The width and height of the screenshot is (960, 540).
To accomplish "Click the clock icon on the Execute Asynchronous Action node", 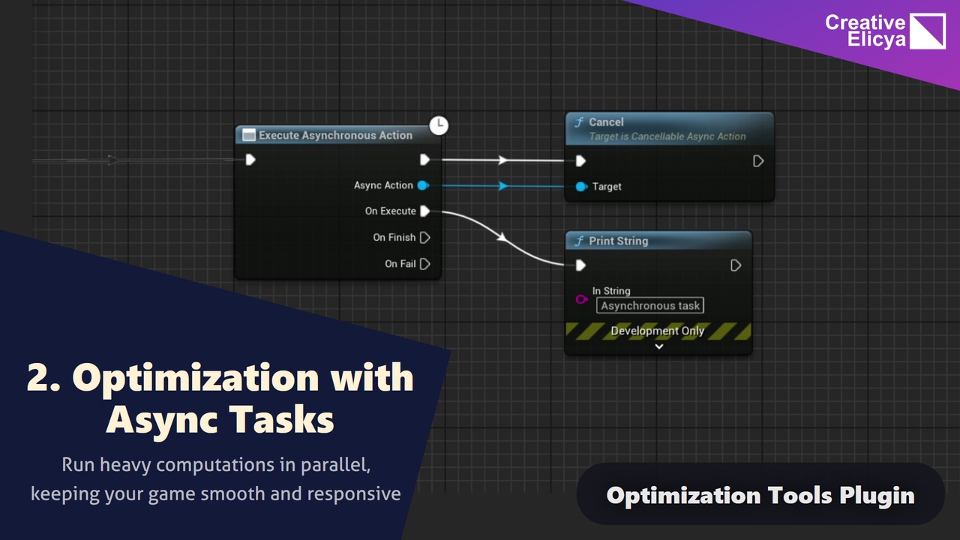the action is (439, 125).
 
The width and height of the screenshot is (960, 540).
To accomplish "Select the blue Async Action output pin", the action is (423, 185).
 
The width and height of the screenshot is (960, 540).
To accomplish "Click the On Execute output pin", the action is (424, 211).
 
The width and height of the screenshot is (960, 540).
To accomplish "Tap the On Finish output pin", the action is (424, 238).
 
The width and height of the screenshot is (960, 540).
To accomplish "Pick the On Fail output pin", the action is (424, 264).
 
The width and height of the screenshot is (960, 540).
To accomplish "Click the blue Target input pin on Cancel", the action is (581, 187).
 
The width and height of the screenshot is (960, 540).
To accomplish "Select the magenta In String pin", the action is (581, 299).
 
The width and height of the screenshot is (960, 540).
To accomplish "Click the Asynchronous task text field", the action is (649, 305).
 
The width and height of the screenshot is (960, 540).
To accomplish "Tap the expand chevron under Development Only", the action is (659, 346).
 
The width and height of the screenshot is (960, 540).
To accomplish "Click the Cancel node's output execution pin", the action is (758, 161).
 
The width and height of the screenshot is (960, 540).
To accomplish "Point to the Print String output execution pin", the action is (736, 265).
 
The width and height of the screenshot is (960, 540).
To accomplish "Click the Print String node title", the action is (619, 241).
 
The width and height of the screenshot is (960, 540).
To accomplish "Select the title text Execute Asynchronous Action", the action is (335, 136).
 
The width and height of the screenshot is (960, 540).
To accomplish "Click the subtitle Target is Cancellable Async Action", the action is (667, 136).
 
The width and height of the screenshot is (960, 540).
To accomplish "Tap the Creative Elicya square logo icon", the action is (928, 31).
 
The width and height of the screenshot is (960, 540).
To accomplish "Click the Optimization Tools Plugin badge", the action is (760, 493).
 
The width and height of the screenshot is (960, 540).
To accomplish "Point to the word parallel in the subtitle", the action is (335, 466).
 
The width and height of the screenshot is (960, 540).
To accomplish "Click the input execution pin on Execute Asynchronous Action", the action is (250, 160).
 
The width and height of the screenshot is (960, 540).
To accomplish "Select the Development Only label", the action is (658, 331).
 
